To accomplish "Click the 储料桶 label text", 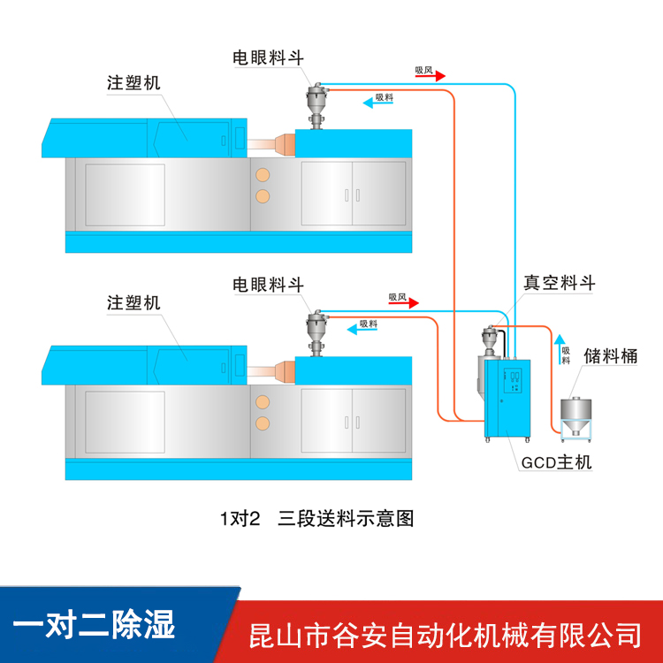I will point(610,356).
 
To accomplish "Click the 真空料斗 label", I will point(560,283).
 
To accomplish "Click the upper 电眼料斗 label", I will point(268,57).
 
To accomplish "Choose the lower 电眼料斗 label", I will point(268,285).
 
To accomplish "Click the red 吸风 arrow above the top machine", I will point(430,77).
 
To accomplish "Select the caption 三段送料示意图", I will point(346,518).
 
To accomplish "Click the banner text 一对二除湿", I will point(95,624).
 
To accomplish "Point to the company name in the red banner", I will point(446,634).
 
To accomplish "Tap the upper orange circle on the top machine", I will point(262,172).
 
